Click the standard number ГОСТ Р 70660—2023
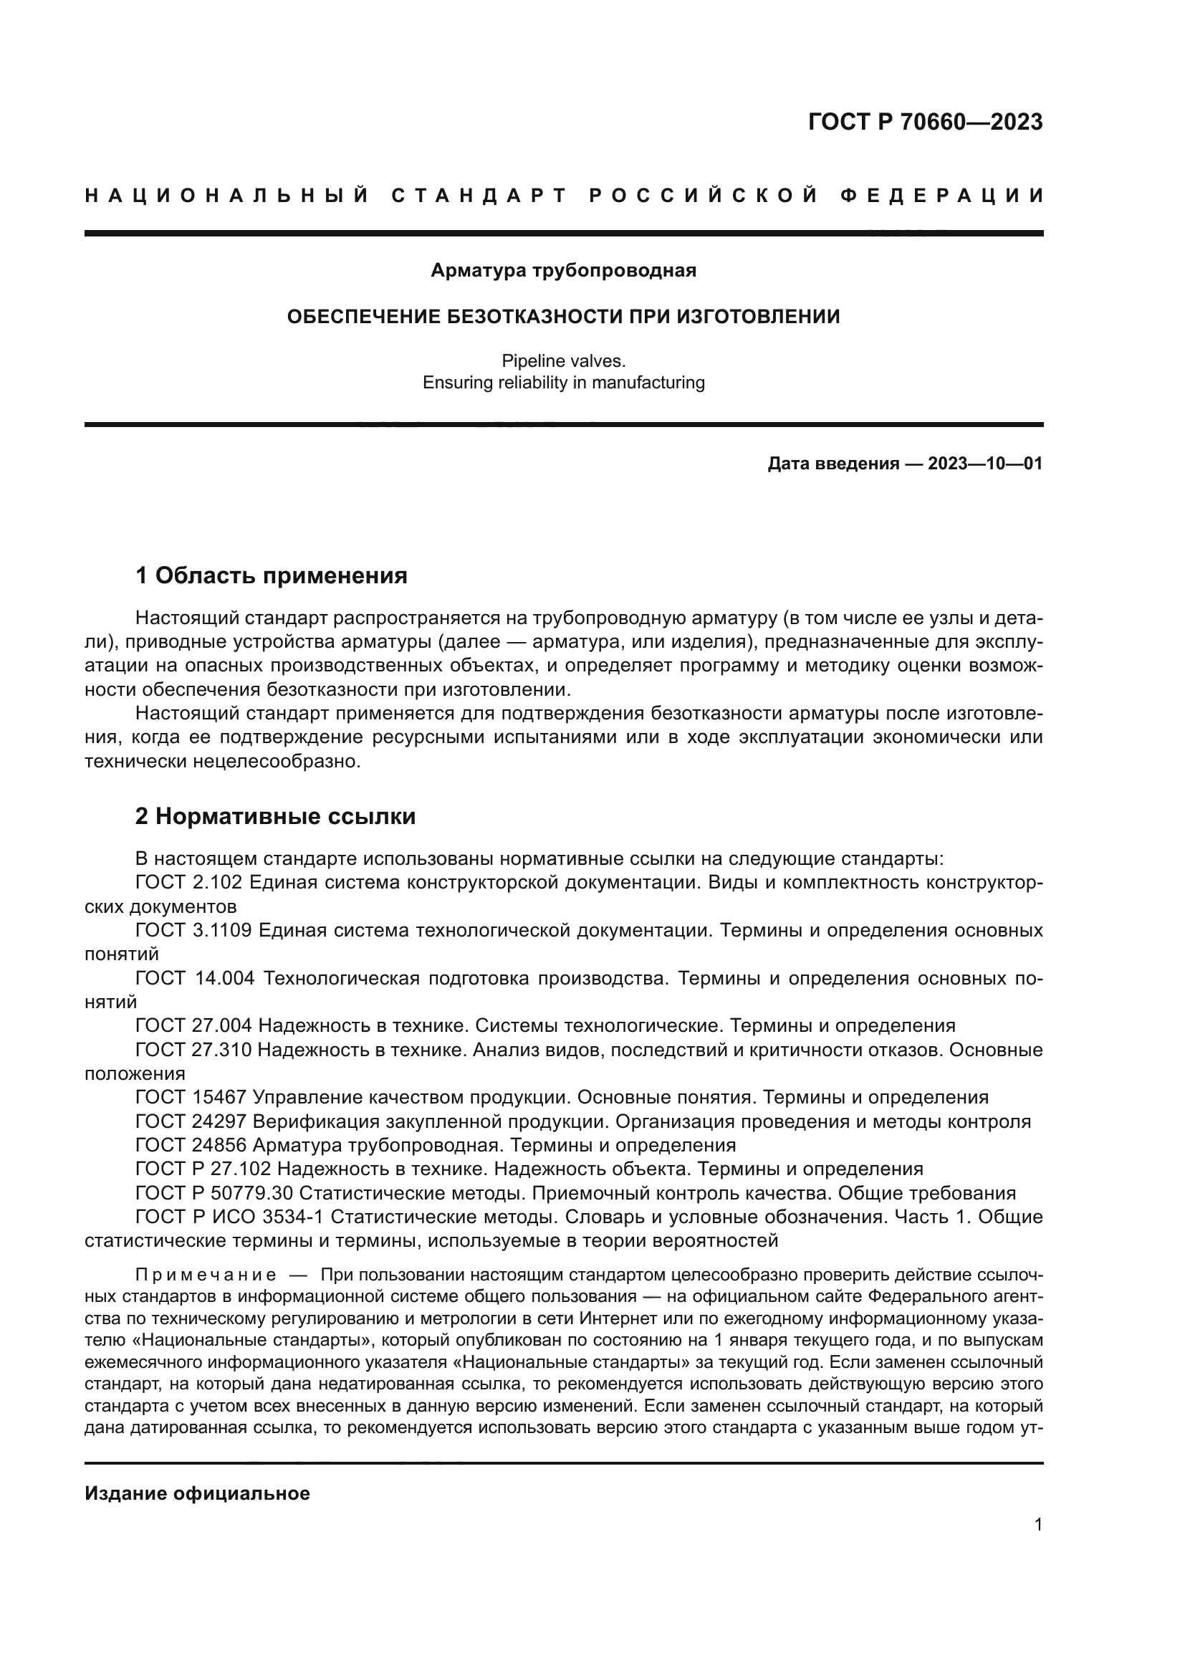click(x=924, y=122)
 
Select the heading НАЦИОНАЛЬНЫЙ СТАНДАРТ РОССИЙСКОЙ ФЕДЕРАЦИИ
click(x=564, y=196)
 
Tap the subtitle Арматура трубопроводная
click(x=563, y=270)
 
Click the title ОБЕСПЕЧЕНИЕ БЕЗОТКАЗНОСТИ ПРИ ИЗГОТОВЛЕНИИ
click(x=563, y=316)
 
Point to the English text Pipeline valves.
click(x=563, y=360)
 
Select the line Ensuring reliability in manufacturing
click(x=563, y=383)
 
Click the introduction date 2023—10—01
click(x=984, y=464)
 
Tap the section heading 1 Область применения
click(x=271, y=576)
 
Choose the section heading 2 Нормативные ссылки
click(x=275, y=816)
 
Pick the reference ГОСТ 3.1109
click(x=193, y=931)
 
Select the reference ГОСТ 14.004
click(x=194, y=978)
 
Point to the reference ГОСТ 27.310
click(x=193, y=1050)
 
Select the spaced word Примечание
click(x=206, y=1275)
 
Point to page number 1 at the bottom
click(x=1037, y=1524)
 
